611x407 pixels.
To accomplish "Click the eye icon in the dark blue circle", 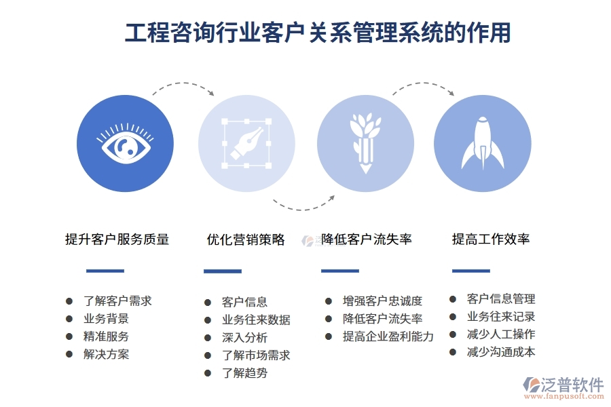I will (x=126, y=143).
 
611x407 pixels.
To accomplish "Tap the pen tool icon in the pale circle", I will (x=246, y=142).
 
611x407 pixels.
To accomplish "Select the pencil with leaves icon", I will (x=365, y=142).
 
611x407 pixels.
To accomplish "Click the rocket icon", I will (x=482, y=142).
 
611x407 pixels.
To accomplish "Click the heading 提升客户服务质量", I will (x=117, y=239).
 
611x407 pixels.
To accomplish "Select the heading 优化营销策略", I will (x=246, y=239).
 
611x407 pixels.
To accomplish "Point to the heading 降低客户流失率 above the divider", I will (x=367, y=239).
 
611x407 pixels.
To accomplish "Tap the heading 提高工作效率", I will (x=491, y=239).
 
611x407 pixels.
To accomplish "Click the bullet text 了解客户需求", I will (x=117, y=301).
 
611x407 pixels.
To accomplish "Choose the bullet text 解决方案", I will (x=106, y=353).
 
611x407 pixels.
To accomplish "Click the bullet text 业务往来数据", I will (x=256, y=319).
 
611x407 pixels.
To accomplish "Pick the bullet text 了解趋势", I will (x=244, y=372).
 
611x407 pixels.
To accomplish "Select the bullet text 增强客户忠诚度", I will (x=382, y=301).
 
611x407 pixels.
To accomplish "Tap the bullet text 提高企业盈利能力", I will (x=388, y=336).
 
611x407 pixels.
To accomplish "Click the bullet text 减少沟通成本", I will (x=501, y=351).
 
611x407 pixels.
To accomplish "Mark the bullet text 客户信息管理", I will (x=501, y=298).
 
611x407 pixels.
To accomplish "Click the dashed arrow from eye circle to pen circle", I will (x=182, y=87).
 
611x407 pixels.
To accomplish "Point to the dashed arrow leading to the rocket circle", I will (x=422, y=87).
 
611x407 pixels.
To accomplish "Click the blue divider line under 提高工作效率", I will (x=470, y=271).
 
